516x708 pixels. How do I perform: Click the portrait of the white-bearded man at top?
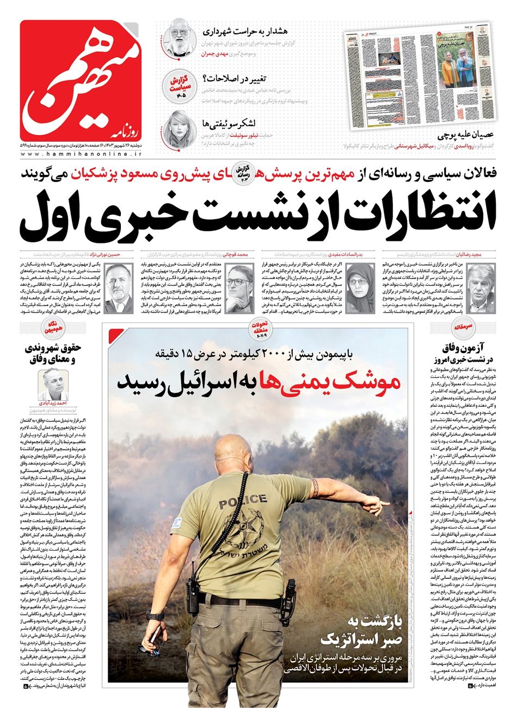[179, 36]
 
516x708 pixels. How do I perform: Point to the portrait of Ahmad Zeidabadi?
[55, 381]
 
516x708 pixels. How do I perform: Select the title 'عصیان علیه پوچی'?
[467, 136]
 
